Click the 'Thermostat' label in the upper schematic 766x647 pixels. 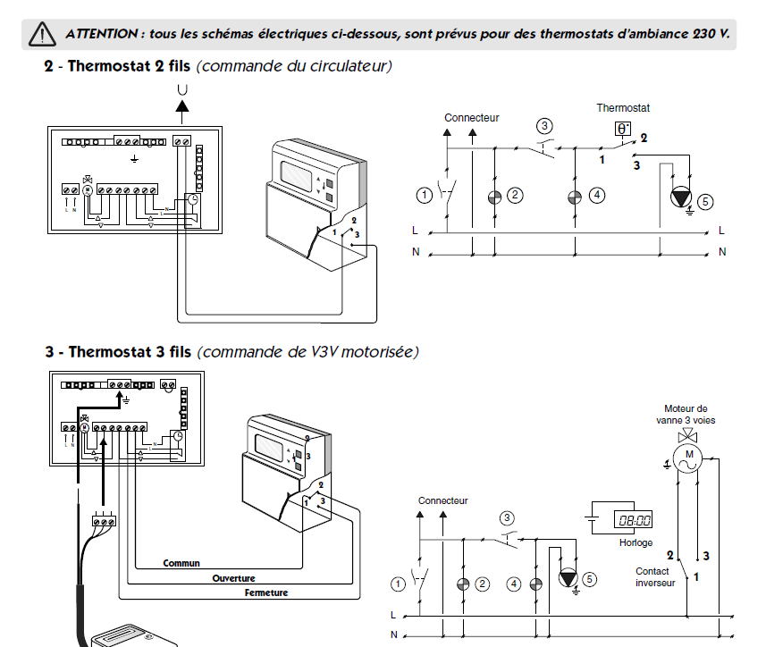tap(623, 108)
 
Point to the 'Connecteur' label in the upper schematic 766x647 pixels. tap(471, 117)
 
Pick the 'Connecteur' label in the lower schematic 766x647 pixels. tap(442, 500)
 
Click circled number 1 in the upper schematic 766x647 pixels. tap(424, 194)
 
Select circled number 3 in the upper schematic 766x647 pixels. tap(543, 126)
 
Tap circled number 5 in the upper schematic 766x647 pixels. tap(705, 203)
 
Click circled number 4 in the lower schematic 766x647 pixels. tap(513, 584)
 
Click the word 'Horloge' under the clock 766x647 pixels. tap(636, 542)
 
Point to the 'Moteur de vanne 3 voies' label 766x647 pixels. tap(686, 415)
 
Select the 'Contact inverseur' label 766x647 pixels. tap(654, 577)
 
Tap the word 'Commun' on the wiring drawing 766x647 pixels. tap(181, 564)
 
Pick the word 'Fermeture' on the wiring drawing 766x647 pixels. tap(266, 592)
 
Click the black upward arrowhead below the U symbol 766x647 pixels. tap(182, 105)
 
